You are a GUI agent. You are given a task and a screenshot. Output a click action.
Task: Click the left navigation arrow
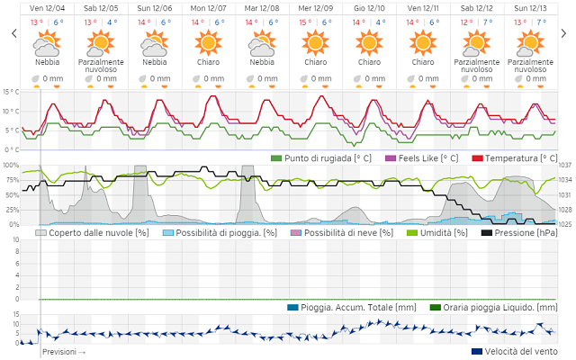[x=13, y=33]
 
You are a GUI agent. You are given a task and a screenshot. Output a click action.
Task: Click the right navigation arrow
[x=563, y=33]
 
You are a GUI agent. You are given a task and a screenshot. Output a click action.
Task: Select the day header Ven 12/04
[x=47, y=8]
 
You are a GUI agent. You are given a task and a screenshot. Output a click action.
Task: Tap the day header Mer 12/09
[x=315, y=8]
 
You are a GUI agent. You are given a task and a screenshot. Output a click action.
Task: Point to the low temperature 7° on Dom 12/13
[x=541, y=22]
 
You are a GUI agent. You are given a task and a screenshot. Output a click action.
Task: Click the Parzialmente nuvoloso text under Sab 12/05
[x=100, y=66]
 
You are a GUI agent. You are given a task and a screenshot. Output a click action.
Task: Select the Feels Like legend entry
[x=421, y=158]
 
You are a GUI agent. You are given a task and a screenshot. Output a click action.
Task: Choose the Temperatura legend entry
[x=515, y=158]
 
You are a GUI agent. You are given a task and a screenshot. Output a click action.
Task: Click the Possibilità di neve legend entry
[x=341, y=232]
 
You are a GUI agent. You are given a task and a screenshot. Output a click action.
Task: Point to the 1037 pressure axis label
[x=565, y=166]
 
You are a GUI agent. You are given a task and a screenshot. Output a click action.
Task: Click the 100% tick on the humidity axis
[x=11, y=166]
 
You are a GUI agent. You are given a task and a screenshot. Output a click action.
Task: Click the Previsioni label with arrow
[x=64, y=352]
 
